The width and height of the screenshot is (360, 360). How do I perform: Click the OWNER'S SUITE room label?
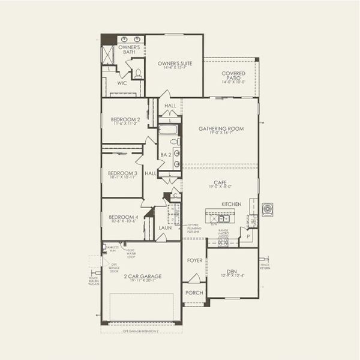[174, 63]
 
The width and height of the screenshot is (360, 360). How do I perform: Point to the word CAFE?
[220, 181]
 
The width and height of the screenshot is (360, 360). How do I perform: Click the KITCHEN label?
[231, 204]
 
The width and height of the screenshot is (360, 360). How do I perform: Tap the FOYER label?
[194, 260]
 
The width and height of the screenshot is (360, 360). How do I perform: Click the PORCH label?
[194, 293]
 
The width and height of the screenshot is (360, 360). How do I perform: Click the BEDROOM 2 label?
[125, 119]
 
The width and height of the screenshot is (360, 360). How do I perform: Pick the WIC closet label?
[122, 83]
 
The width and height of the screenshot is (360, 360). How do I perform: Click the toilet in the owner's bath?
[138, 74]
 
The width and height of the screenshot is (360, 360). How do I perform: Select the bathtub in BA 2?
[169, 130]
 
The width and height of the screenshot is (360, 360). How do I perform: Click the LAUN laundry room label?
[165, 228]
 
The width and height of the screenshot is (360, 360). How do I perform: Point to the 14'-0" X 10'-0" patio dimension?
[233, 82]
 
